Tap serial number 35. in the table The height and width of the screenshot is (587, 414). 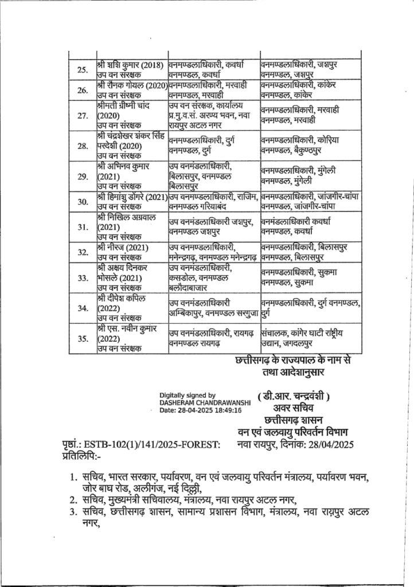coord(82,338)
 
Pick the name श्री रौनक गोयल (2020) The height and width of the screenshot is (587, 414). coord(131,84)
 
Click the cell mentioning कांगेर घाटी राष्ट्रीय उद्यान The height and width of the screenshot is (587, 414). coord(310,338)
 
